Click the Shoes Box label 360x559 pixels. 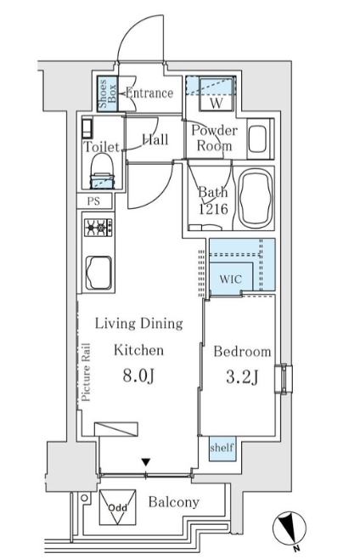pyautogui.click(x=107, y=94)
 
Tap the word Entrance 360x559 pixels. pyautogui.click(x=149, y=93)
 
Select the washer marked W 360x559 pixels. pyautogui.click(x=217, y=94)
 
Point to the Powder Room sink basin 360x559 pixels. pyautogui.click(x=258, y=138)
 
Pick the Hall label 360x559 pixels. pyautogui.click(x=155, y=139)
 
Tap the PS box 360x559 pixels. pyautogui.click(x=94, y=201)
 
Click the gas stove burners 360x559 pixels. pyautogui.click(x=98, y=227)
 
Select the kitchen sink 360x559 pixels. pyautogui.click(x=98, y=273)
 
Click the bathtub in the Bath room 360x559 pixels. pyautogui.click(x=256, y=199)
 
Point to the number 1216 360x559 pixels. pyautogui.click(x=213, y=209)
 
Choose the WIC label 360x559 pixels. pyautogui.click(x=231, y=279)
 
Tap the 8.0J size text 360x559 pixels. pyautogui.click(x=138, y=375)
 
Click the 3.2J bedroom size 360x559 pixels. pyautogui.click(x=242, y=377)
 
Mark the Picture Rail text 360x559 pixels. pyautogui.click(x=86, y=372)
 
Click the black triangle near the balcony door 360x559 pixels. pyautogui.click(x=145, y=462)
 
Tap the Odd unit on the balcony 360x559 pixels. pyautogui.click(x=117, y=507)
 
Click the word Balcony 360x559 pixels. pyautogui.click(x=173, y=502)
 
